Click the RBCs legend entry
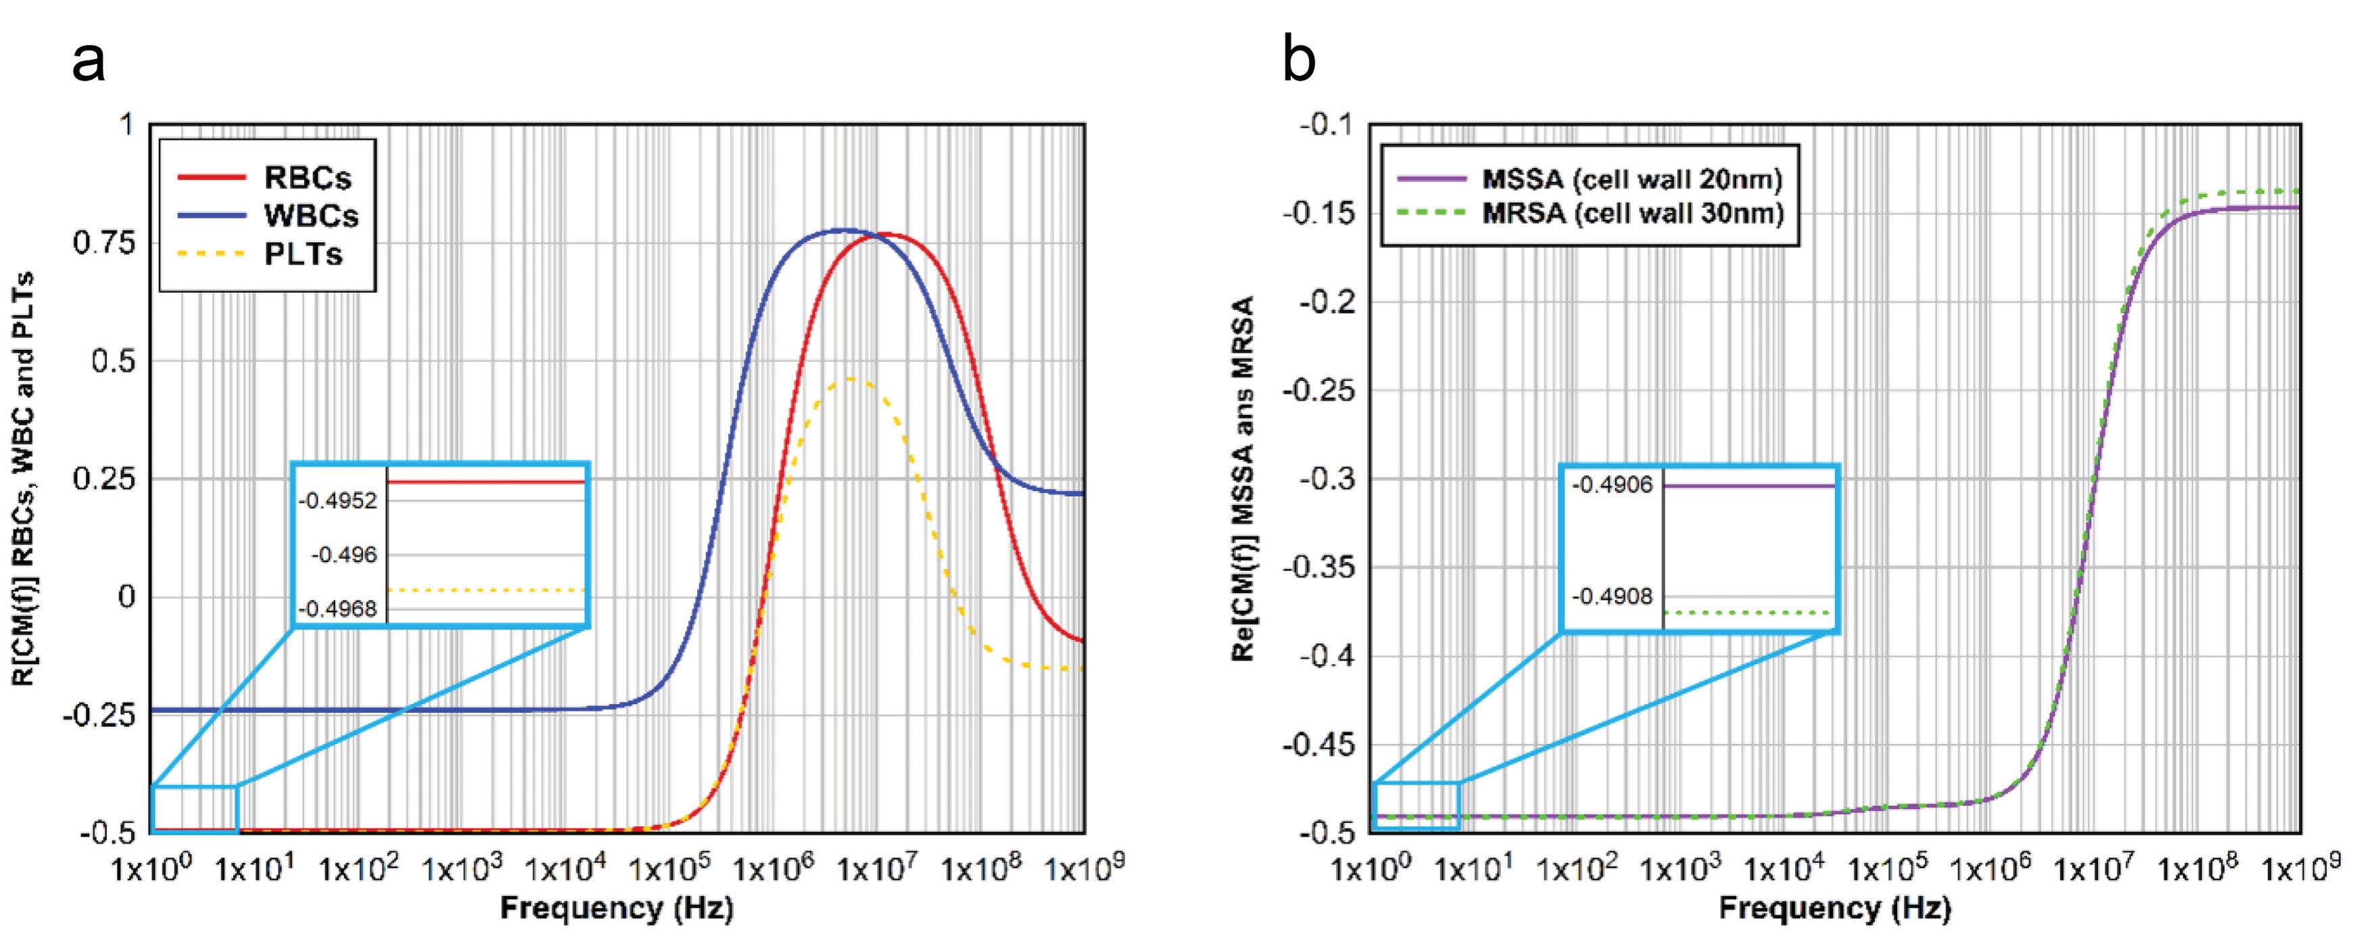[x=266, y=177]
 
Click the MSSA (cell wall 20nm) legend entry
[x=1589, y=179]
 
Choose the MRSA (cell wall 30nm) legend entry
[x=1589, y=214]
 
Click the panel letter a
[x=89, y=62]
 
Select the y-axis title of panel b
[x=1243, y=478]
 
